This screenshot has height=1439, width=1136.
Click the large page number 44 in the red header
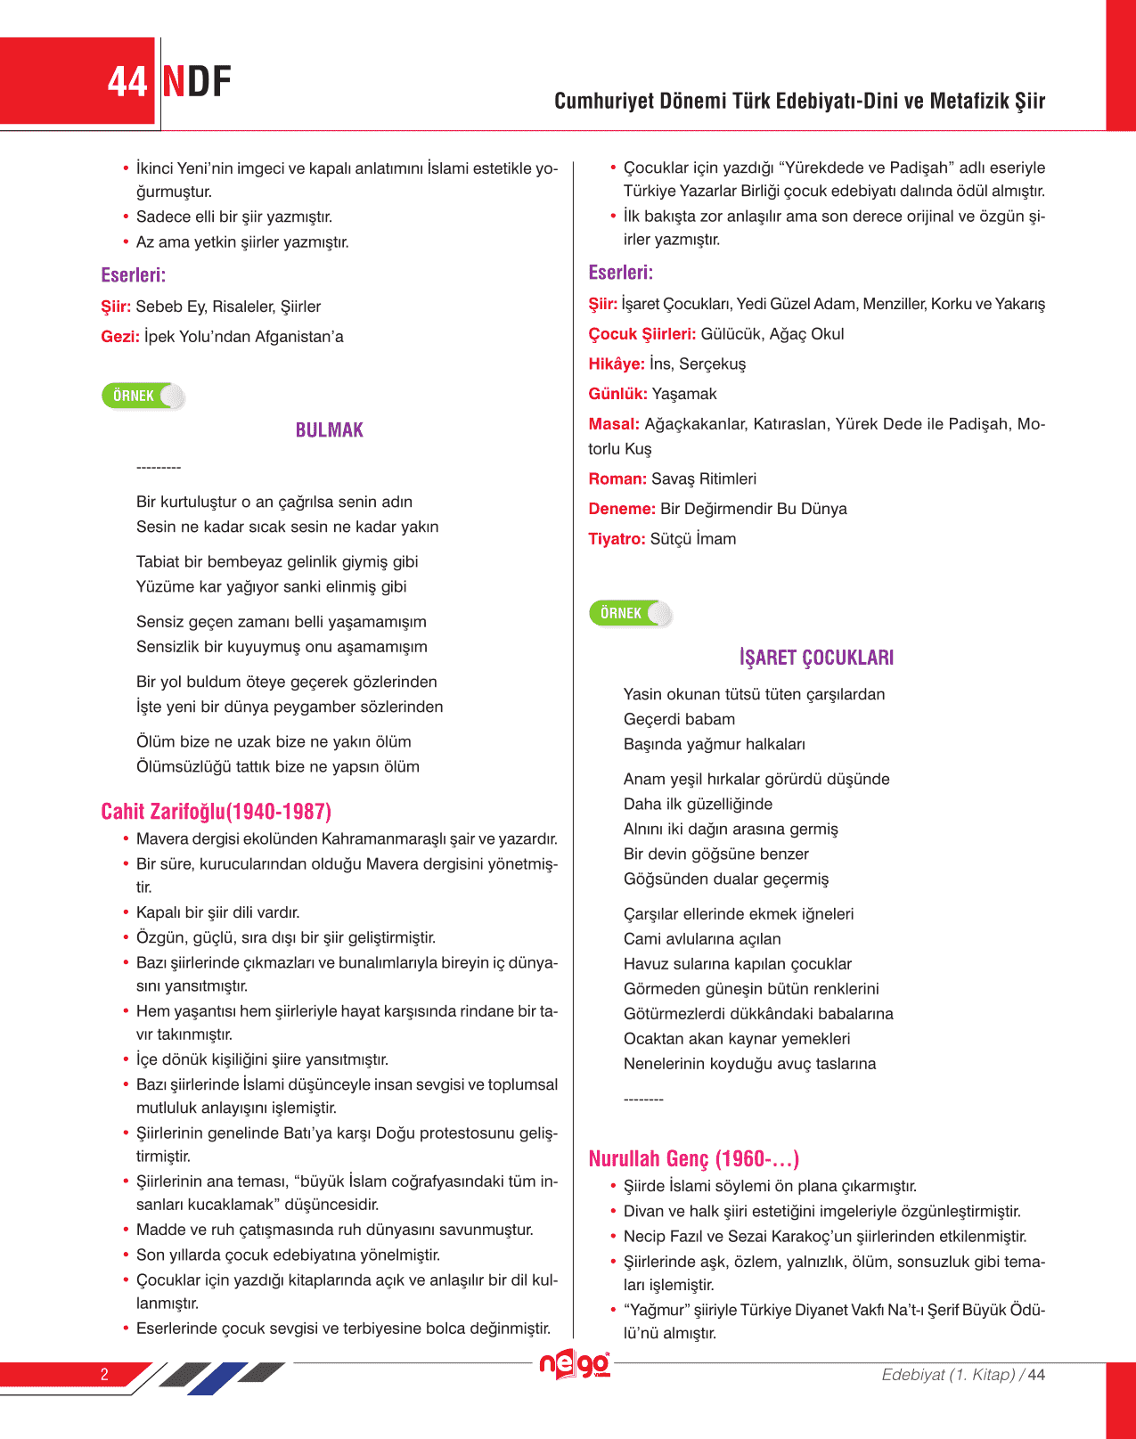[x=127, y=82]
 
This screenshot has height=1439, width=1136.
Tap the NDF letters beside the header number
[x=197, y=82]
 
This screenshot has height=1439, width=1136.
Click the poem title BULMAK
[x=329, y=430]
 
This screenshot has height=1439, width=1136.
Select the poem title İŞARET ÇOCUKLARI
[x=816, y=658]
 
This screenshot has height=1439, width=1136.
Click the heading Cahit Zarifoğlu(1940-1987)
[x=216, y=812]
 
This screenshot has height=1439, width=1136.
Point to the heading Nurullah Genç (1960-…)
[x=693, y=1158]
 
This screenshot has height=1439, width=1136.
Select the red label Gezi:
[x=120, y=337]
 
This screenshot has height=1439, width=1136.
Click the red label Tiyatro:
[x=617, y=539]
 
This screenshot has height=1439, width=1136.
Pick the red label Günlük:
[x=617, y=394]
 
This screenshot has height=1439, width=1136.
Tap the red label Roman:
[x=617, y=479]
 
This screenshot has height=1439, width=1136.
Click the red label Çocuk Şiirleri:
[x=642, y=334]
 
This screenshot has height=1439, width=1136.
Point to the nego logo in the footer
[x=575, y=1364]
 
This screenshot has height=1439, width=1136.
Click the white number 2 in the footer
[x=104, y=1374]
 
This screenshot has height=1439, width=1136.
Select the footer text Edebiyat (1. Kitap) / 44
[x=962, y=1375]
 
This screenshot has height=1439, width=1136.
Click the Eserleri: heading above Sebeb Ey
[x=134, y=275]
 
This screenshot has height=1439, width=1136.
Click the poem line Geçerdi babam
[x=679, y=719]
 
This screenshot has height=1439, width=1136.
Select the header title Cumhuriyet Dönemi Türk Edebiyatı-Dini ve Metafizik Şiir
[x=799, y=101]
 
